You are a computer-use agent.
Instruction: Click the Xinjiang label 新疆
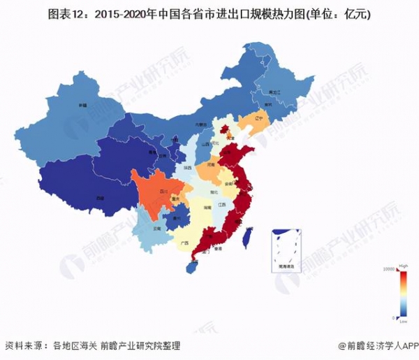pos(82,106)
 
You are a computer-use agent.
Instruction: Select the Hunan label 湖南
pos(207,208)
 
